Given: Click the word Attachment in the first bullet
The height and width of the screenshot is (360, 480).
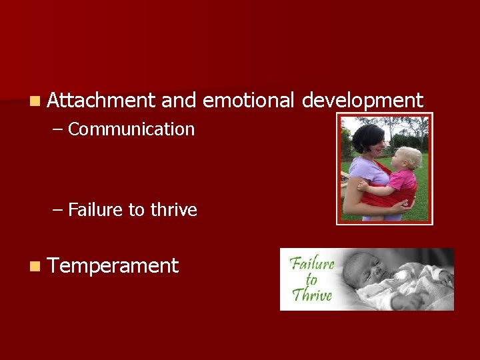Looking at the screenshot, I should (102, 101).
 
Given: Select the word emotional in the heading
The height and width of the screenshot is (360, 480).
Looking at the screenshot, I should (247, 101).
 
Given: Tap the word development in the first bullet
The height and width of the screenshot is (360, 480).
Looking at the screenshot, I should (362, 101).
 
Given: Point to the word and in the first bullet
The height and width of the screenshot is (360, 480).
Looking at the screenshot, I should (178, 101).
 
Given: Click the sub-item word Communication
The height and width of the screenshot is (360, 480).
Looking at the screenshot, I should (131, 129).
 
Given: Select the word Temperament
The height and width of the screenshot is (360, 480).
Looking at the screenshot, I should (113, 266).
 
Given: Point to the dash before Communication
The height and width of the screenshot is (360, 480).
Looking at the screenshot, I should (58, 130).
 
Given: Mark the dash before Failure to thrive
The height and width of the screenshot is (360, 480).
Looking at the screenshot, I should (58, 211).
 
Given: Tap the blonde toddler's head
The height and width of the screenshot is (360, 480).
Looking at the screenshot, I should (408, 159).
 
